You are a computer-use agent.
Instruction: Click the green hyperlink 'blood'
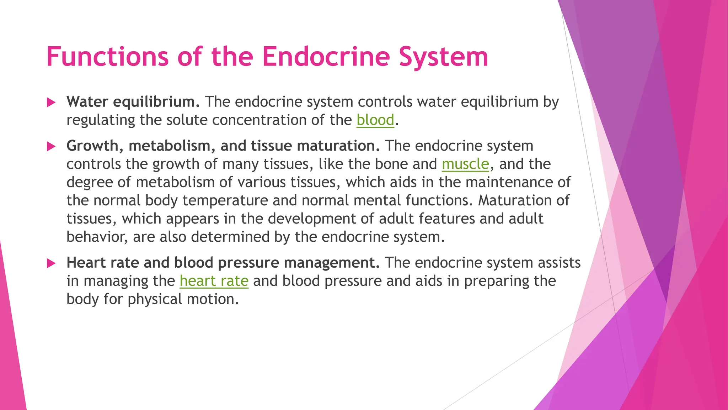point(375,120)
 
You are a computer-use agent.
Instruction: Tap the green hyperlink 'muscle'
point(465,164)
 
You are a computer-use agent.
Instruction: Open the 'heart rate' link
point(214,281)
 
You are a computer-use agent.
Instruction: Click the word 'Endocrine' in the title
point(326,57)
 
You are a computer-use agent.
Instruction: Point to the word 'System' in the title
point(443,57)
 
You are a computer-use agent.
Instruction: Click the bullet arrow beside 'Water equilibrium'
point(51,103)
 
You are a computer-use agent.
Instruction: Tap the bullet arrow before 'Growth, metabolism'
point(51,147)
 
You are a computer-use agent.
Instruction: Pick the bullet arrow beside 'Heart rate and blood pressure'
point(51,264)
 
